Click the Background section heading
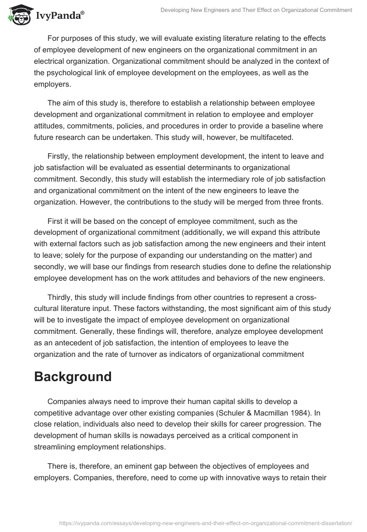tap(72, 376)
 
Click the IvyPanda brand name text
tap(60, 16)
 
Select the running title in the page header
tap(256, 10)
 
